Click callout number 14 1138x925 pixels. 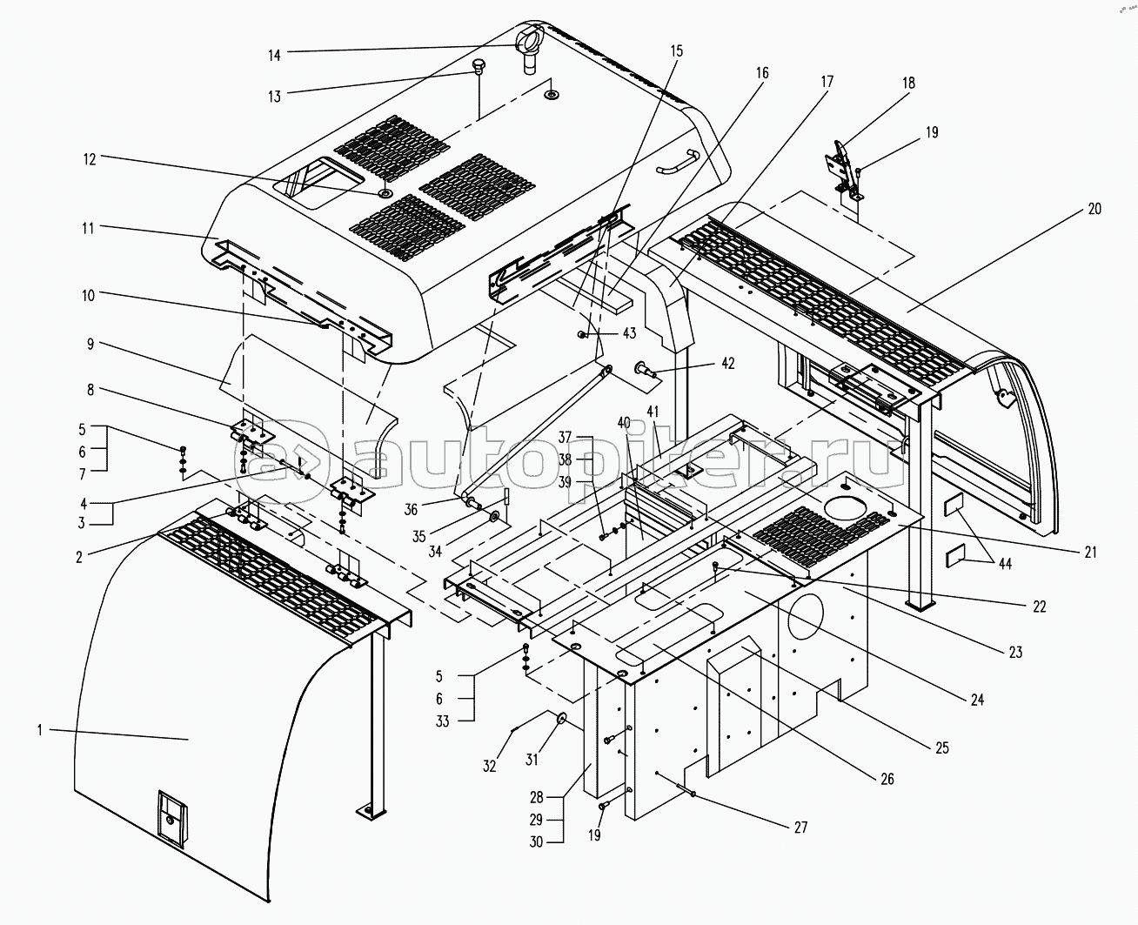[x=274, y=55]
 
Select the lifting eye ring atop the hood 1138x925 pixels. [x=529, y=40]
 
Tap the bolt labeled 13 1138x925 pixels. [x=478, y=67]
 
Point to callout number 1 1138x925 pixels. [x=39, y=730]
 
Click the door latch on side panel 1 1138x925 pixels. [x=171, y=816]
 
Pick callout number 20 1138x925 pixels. [x=1094, y=209]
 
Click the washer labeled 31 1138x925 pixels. [x=560, y=719]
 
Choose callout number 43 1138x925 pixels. [x=628, y=334]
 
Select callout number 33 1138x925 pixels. [x=442, y=721]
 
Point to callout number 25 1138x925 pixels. [x=942, y=747]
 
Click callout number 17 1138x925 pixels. [x=826, y=82]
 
